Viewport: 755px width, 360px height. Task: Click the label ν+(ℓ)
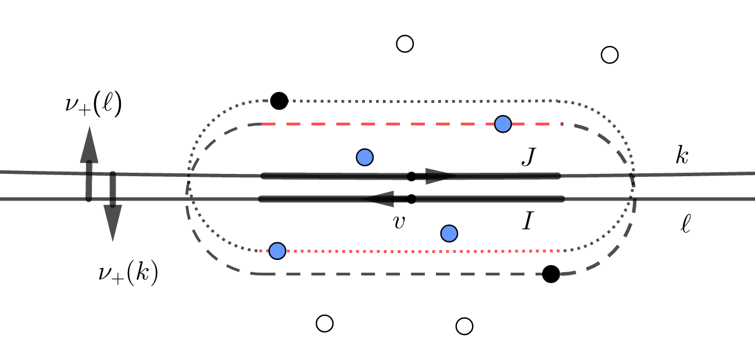(x=93, y=106)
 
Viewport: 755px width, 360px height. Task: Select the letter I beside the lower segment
(x=527, y=223)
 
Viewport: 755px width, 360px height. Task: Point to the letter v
(x=399, y=222)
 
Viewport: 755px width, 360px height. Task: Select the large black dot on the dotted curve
(x=280, y=101)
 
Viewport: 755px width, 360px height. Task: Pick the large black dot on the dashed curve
(x=550, y=274)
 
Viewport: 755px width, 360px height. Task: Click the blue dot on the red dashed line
(x=503, y=124)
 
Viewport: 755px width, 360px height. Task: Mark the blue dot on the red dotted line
(x=278, y=251)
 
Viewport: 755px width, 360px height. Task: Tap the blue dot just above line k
(x=364, y=156)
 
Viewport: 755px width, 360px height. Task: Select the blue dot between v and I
(x=449, y=233)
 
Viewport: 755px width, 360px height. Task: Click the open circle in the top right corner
(x=609, y=55)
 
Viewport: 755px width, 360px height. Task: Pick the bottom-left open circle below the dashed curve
(x=324, y=323)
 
